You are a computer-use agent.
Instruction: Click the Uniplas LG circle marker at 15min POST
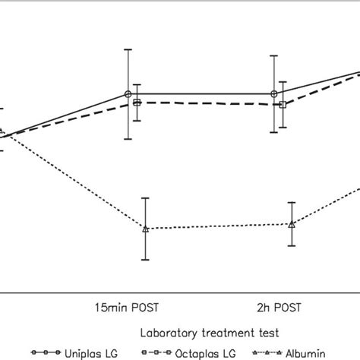pos(128,94)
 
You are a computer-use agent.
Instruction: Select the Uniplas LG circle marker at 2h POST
pos(273,94)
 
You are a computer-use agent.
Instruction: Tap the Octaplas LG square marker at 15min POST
pos(137,103)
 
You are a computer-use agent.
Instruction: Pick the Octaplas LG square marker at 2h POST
pos(283,104)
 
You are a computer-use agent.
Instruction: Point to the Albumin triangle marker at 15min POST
pos(145,229)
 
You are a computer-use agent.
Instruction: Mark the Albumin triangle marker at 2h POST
pos(292,224)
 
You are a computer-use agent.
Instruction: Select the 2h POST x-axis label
pos(278,308)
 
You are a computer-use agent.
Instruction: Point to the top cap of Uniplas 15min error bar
pos(128,50)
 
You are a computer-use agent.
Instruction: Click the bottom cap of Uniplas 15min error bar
pos(128,139)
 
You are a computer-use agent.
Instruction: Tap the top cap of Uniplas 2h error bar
pos(273,55)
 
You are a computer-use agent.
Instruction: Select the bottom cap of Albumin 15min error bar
pos(145,260)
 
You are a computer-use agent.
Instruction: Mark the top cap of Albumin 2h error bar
pos(292,204)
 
